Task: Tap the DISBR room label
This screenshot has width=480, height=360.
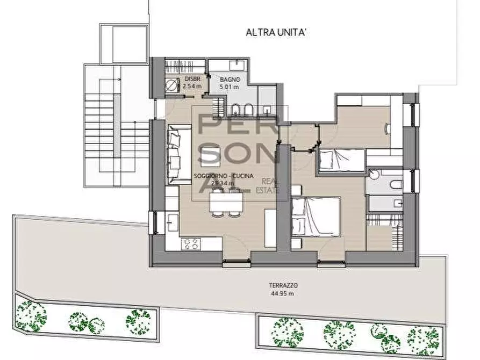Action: (x=192, y=79)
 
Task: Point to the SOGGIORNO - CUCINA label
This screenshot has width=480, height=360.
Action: (x=216, y=176)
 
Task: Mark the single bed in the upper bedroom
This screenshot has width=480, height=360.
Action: (x=341, y=160)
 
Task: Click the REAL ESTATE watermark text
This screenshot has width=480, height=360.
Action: (x=270, y=185)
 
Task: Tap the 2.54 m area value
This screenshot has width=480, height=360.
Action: (x=192, y=86)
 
